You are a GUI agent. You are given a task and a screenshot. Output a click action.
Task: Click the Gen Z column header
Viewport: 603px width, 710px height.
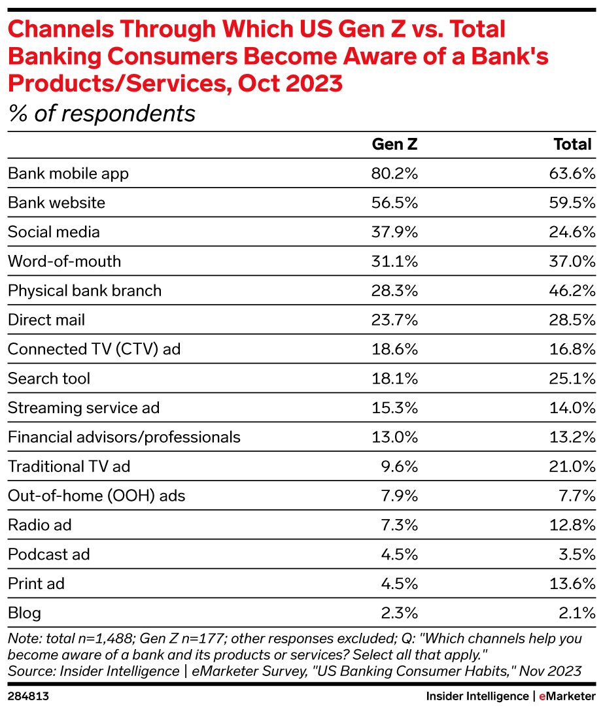tap(394, 144)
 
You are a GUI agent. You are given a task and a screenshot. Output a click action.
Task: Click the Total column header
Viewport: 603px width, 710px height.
tap(572, 144)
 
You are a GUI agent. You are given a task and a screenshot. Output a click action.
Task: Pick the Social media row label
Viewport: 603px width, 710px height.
tap(54, 232)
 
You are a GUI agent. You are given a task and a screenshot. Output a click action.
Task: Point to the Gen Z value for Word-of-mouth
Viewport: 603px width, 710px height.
tap(395, 262)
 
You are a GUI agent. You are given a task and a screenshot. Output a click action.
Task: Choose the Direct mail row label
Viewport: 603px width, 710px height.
tap(46, 320)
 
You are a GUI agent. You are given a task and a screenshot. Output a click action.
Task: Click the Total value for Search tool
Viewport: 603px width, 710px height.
tap(572, 379)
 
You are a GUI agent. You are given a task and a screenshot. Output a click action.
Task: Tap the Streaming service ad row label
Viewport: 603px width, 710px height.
tap(84, 408)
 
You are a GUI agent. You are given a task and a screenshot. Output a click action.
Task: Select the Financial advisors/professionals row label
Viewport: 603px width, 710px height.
tap(124, 437)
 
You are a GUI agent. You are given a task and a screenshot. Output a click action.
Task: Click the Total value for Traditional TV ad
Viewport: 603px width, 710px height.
tap(572, 466)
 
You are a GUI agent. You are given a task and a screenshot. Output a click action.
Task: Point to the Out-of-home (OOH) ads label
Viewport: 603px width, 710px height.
tap(96, 496)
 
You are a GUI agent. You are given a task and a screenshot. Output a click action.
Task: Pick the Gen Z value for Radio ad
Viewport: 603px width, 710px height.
tap(398, 525)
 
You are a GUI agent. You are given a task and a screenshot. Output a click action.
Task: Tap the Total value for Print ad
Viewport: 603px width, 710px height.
tap(572, 584)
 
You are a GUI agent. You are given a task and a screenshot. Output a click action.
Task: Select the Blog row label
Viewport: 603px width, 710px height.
tap(24, 613)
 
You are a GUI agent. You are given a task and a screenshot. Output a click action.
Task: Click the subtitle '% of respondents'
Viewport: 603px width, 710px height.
tap(101, 114)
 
